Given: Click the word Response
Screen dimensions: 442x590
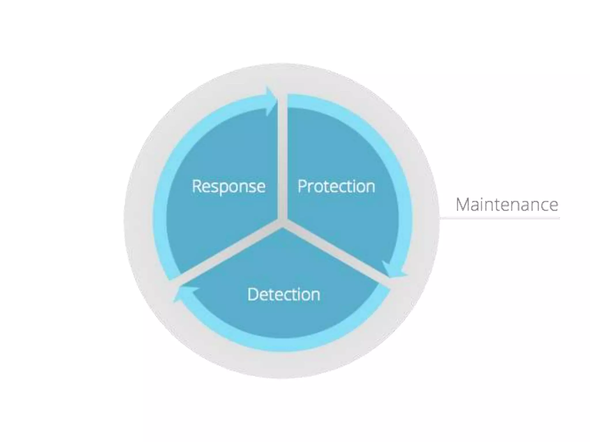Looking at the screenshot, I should (228, 186).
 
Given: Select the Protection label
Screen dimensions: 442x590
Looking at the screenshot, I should (336, 186).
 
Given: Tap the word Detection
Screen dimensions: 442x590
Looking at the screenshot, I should (283, 295).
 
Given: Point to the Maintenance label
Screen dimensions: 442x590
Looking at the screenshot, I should (507, 205).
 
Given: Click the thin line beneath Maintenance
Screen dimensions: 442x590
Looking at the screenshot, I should (500, 218).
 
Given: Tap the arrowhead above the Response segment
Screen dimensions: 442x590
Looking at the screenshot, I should (271, 101).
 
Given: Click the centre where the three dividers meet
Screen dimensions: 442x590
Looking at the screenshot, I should (282, 222).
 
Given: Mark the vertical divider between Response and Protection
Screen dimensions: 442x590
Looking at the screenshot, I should (282, 158).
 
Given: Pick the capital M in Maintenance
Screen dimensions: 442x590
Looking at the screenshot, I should (463, 205).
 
